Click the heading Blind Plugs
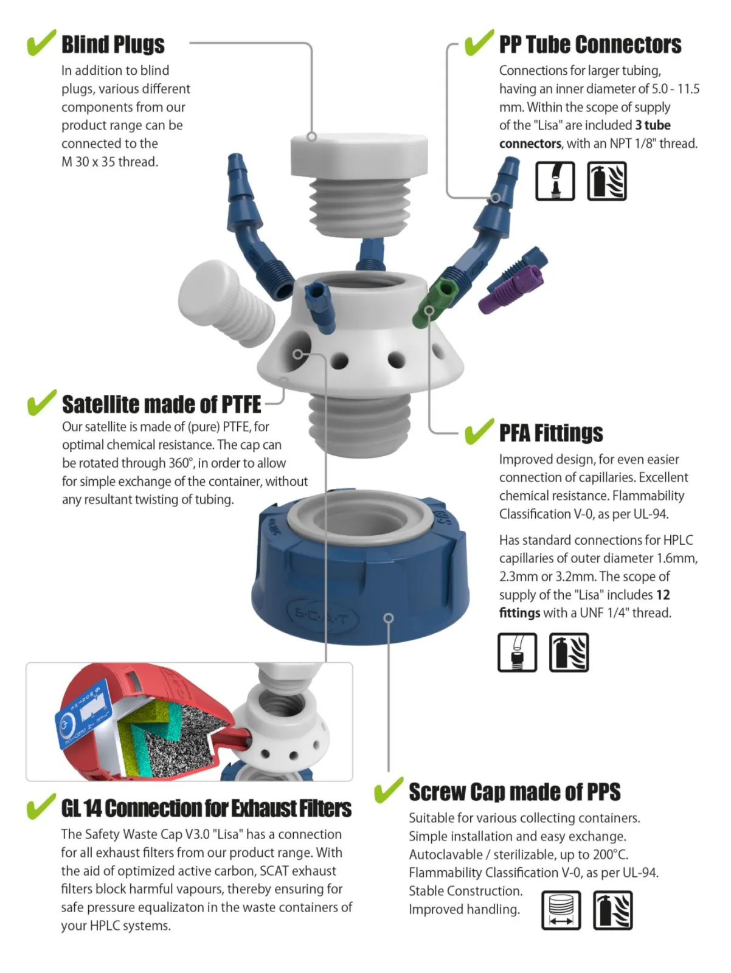[113, 44]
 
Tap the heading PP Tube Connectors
[590, 44]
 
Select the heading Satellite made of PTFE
[161, 404]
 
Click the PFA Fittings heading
[551, 432]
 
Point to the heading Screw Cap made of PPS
[514, 792]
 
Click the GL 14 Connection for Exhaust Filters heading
[206, 808]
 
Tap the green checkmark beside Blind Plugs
[41, 43]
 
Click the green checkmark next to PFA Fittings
[479, 431]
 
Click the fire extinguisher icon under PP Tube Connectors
[607, 181]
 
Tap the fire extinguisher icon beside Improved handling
[612, 910]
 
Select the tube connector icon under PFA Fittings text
[518, 653]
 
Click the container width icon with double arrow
[561, 910]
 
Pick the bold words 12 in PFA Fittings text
[663, 594]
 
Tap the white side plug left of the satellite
[227, 303]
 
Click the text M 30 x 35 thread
[109, 162]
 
